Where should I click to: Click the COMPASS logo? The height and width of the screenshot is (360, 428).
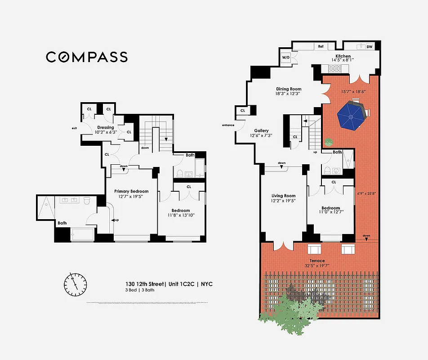pyautogui.click(x=87, y=57)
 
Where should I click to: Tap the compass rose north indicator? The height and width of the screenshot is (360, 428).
pyautogui.click(x=75, y=282)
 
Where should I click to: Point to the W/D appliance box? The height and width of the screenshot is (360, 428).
pyautogui.click(x=286, y=58)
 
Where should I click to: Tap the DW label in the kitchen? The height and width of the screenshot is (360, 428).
pyautogui.click(x=369, y=46)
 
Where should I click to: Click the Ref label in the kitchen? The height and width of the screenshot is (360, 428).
pyautogui.click(x=321, y=46)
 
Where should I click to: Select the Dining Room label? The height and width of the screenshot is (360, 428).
pyautogui.click(x=288, y=89)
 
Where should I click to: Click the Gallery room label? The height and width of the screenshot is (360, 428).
pyautogui.click(x=261, y=130)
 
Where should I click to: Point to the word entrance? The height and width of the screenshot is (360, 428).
pyautogui.click(x=228, y=125)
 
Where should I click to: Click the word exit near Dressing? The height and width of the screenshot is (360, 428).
pyautogui.click(x=74, y=128)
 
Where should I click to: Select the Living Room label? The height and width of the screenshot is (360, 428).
pyautogui.click(x=283, y=196)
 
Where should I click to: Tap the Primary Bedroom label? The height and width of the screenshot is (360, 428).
pyautogui.click(x=131, y=191)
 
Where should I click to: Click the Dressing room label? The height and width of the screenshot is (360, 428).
pyautogui.click(x=106, y=128)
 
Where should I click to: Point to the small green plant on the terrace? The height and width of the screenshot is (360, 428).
pyautogui.click(x=329, y=142)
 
